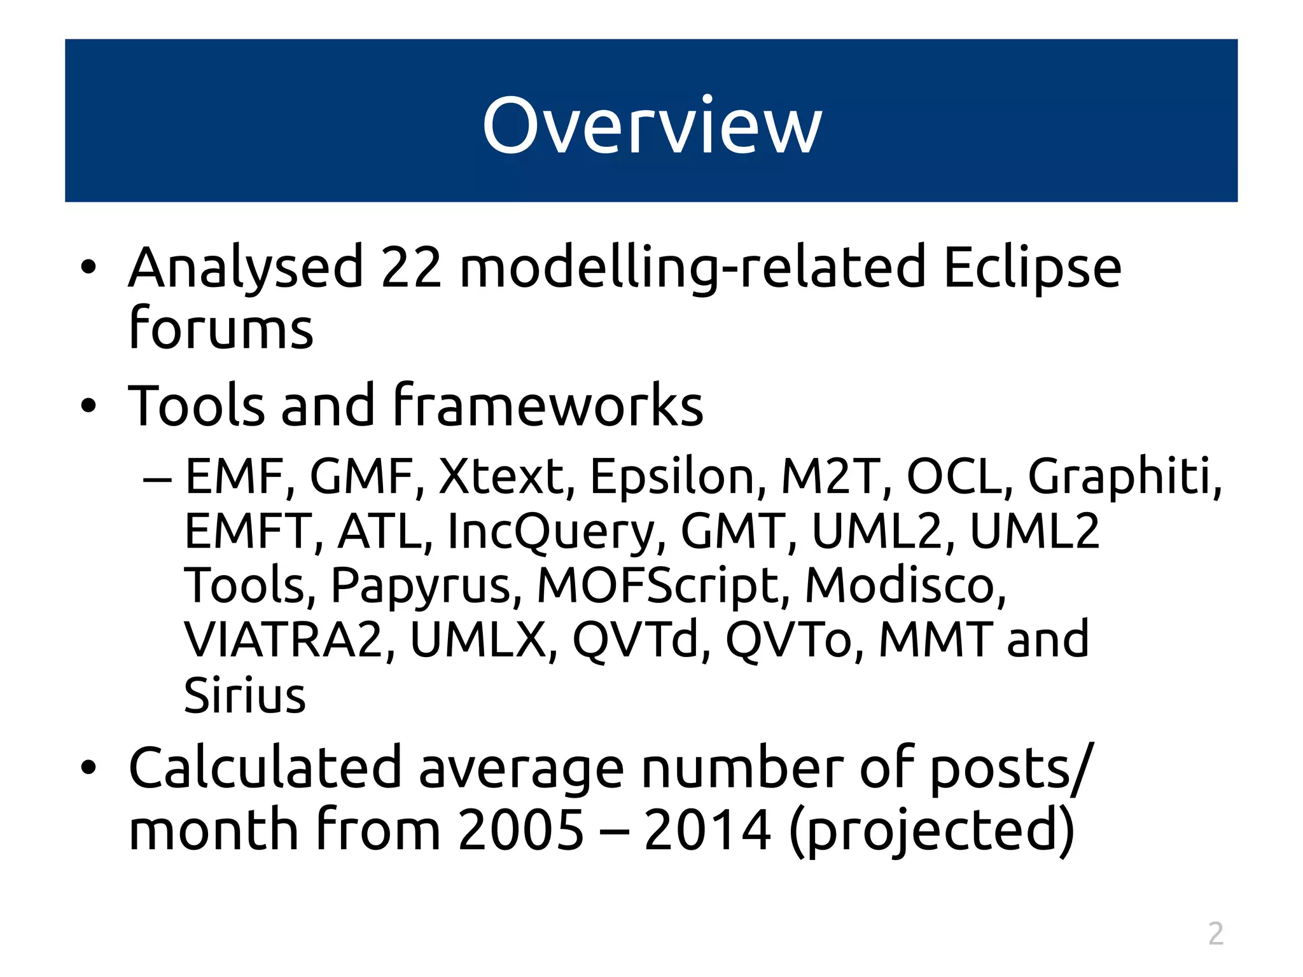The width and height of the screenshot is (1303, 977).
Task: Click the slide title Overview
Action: coord(652,125)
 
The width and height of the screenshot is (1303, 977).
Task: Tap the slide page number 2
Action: coord(1215,934)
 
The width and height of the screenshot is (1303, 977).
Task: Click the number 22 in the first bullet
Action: coord(411,268)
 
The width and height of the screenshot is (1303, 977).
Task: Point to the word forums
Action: coord(221,328)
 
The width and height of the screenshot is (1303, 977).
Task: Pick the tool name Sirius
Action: coord(245,695)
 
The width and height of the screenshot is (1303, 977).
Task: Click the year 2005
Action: coord(520,829)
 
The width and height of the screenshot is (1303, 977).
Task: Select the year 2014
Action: coord(707,829)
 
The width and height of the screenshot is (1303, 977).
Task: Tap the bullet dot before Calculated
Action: coord(88,769)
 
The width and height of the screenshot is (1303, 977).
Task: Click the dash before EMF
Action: coord(157,478)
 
